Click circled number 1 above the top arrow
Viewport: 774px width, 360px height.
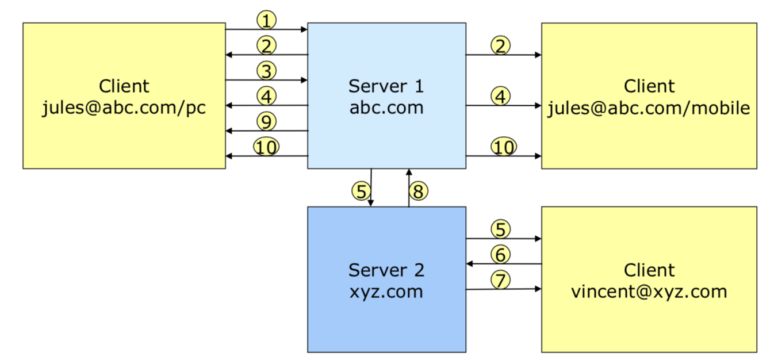click(x=266, y=21)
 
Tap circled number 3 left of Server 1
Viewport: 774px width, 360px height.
click(x=266, y=71)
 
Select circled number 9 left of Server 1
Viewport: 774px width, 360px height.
click(x=266, y=121)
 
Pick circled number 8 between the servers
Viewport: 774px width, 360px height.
click(x=419, y=191)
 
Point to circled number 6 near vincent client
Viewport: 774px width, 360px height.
click(x=501, y=254)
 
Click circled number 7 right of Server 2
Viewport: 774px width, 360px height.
click(x=501, y=280)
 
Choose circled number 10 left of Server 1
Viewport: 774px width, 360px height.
click(x=266, y=147)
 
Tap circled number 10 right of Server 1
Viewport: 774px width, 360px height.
click(x=503, y=147)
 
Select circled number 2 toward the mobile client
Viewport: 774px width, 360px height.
click(x=501, y=45)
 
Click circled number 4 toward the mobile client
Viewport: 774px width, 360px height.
click(x=501, y=96)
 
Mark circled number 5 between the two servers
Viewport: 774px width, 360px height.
click(x=361, y=191)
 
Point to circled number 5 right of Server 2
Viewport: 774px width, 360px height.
click(x=501, y=229)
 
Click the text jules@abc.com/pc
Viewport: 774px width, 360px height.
click(x=124, y=108)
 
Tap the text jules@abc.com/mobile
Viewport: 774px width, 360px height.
click(x=649, y=108)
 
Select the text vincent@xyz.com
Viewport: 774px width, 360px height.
click(x=649, y=291)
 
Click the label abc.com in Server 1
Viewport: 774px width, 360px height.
click(x=386, y=108)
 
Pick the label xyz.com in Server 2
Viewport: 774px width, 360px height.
click(x=386, y=291)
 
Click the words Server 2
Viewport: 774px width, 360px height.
click(x=386, y=270)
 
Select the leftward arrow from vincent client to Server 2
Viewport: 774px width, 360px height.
click(x=503, y=264)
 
